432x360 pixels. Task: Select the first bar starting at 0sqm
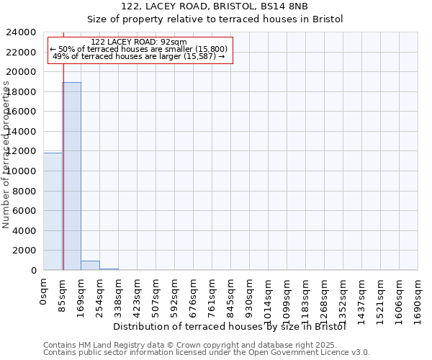[53, 212]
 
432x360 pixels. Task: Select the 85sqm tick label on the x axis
[62, 293]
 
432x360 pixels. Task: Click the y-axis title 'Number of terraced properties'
[6, 155]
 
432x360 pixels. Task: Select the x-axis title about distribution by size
[230, 326]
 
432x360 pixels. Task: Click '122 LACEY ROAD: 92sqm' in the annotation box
[140, 42]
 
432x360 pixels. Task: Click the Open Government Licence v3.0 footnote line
[207, 352]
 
